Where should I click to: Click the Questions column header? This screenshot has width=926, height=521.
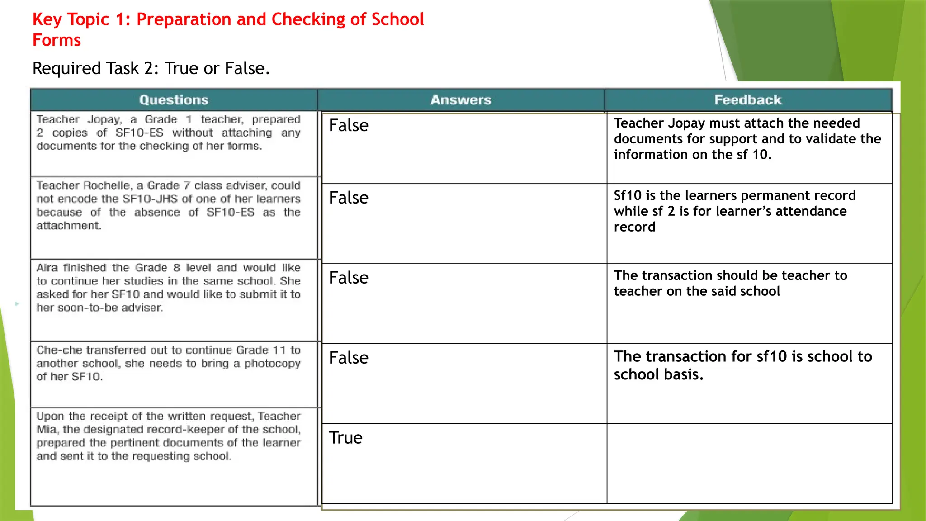click(174, 100)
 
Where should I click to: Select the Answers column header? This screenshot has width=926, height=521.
click(461, 100)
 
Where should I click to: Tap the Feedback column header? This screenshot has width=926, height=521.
click(748, 100)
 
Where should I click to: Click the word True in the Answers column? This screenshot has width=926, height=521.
click(345, 438)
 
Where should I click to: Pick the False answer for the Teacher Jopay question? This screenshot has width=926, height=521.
click(349, 125)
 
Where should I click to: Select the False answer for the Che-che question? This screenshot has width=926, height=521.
click(349, 358)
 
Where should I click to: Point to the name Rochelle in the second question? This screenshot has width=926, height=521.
click(107, 186)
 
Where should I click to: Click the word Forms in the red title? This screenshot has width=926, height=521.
click(57, 40)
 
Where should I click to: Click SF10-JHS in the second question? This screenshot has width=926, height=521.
click(150, 199)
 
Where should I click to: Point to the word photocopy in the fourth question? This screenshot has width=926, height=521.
click(272, 364)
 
